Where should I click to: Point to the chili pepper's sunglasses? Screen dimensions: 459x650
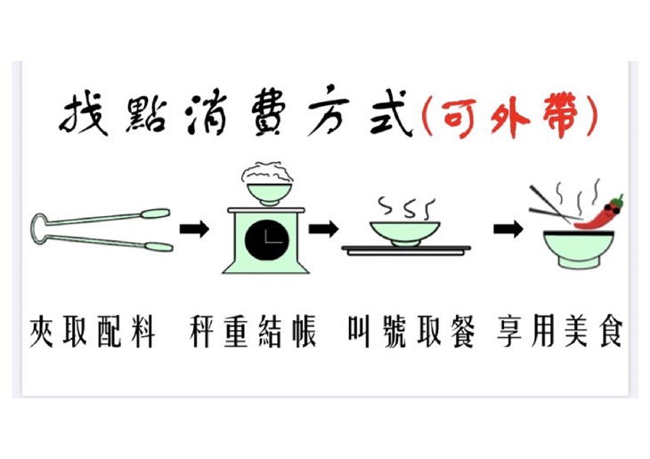coord(611,208)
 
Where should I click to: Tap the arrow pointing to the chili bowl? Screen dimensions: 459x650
coord(508,229)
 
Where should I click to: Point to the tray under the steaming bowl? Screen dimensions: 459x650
coord(406,251)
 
